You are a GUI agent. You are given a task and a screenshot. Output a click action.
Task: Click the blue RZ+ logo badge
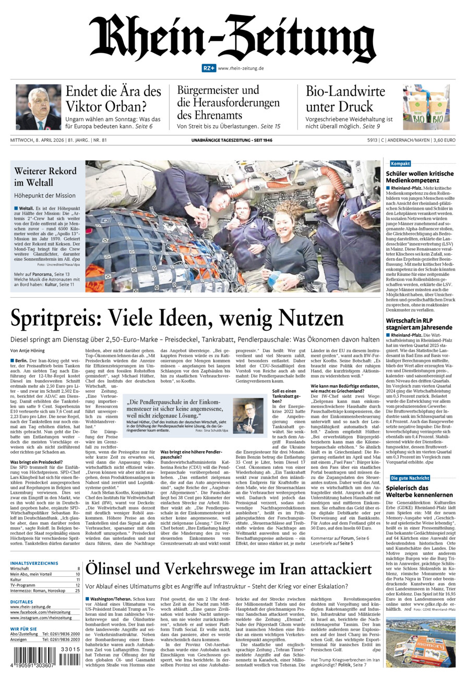click(209, 68)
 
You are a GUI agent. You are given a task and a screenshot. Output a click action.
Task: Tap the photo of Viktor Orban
click(38, 107)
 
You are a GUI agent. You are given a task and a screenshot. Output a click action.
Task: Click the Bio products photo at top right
click(426, 107)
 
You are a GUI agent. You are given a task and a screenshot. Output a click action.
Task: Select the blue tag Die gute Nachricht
click(410, 478)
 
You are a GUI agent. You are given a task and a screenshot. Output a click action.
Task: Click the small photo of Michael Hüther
click(248, 416)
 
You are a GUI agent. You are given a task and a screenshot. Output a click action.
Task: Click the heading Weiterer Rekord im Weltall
click(45, 176)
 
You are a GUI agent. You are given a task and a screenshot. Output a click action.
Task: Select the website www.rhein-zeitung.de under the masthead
click(241, 68)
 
